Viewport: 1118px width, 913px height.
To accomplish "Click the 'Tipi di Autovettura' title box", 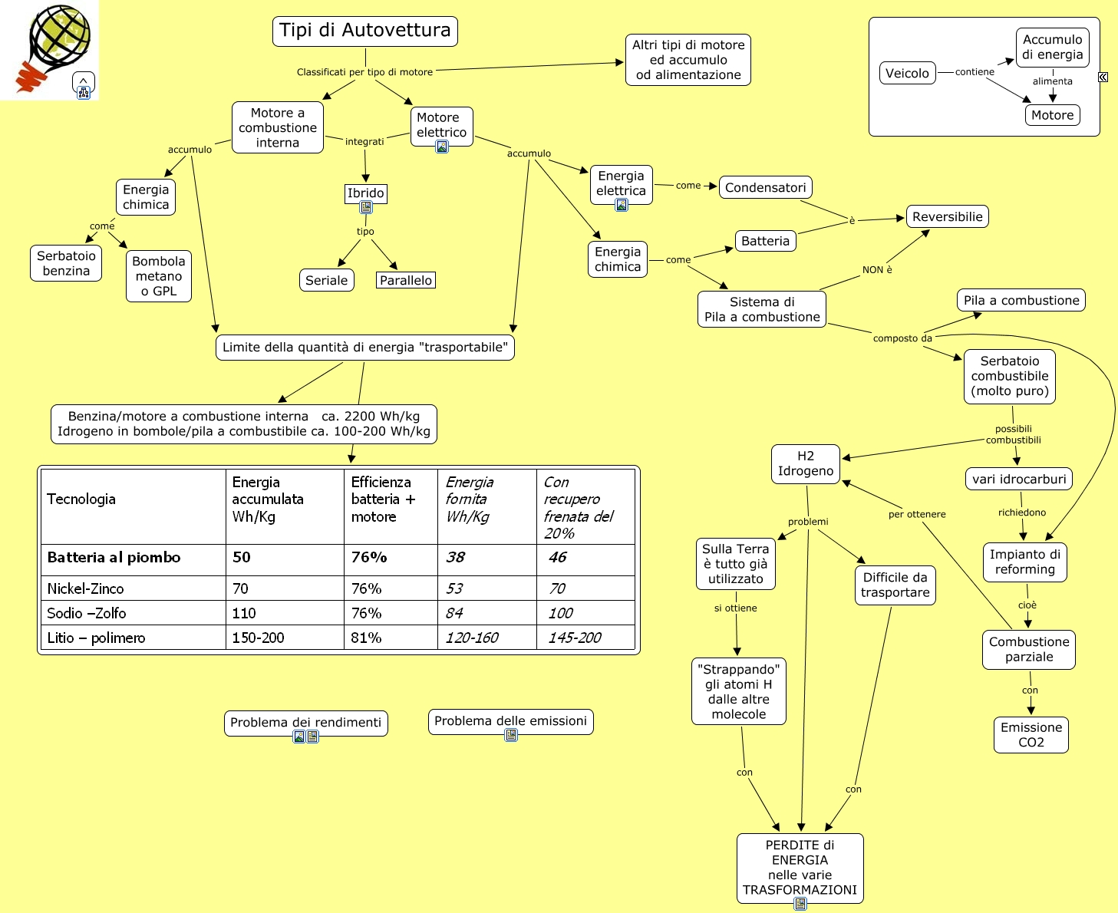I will point(365,31).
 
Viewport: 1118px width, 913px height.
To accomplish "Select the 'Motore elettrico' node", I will point(441,125).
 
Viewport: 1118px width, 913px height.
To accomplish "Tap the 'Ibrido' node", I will point(365,193).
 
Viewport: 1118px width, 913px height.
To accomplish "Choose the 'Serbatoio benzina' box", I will point(66,263).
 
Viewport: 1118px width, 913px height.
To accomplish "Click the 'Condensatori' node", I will point(765,187).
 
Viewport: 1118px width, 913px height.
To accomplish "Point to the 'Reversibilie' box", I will point(947,216).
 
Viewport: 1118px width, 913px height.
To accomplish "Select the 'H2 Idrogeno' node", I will point(805,463).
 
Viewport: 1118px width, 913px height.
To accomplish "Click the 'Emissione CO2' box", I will point(1031,734).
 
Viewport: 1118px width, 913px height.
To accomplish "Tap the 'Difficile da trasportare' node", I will point(895,585).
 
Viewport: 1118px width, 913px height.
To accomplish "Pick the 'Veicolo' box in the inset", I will point(907,73).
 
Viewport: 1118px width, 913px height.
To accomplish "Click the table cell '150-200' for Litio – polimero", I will point(259,638).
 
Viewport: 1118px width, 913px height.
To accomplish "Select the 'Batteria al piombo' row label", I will point(114,558).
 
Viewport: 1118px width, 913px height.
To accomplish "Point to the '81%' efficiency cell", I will point(366,638).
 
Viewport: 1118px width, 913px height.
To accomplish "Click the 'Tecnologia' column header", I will point(81,499).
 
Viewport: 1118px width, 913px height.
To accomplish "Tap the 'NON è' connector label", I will point(877,270).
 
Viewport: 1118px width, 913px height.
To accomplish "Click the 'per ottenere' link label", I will point(917,514).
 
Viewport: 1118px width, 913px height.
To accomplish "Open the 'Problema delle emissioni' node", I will point(510,720).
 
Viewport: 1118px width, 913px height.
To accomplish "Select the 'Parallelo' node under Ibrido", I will point(406,280).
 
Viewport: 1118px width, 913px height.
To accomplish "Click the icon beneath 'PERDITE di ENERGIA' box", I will point(800,904).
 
